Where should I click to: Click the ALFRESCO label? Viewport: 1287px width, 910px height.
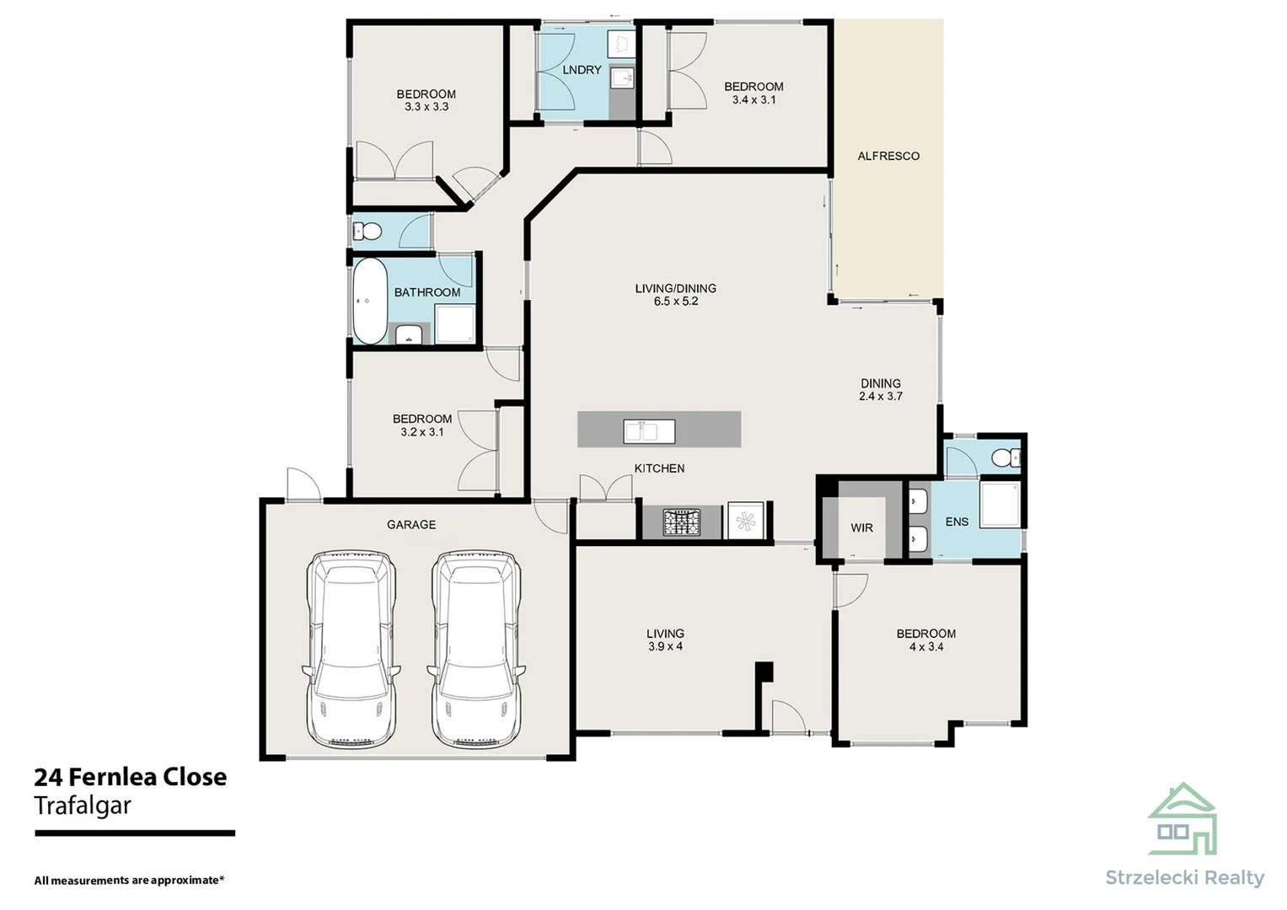click(x=888, y=156)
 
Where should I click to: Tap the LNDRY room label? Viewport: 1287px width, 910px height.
click(x=582, y=70)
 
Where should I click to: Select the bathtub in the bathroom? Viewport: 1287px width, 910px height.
click(x=369, y=302)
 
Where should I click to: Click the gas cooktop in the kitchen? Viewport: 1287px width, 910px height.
click(x=682, y=522)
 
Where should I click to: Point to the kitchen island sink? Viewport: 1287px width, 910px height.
click(x=649, y=431)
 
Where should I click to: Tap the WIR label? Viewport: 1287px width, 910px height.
click(x=861, y=528)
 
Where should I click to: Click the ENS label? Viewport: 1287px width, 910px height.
click(x=957, y=522)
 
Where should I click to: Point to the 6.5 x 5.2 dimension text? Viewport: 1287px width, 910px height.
click(x=676, y=302)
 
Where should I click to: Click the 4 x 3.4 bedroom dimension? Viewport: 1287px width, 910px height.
click(x=925, y=647)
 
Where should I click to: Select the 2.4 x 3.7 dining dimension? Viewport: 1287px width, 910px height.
click(x=881, y=396)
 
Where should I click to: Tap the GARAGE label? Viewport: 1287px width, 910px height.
click(x=411, y=525)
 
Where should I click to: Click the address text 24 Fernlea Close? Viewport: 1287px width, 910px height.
click(x=131, y=777)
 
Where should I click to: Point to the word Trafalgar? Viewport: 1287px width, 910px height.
click(x=83, y=806)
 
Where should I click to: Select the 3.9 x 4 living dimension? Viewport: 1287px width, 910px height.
click(x=665, y=647)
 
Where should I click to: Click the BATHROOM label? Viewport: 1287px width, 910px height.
click(x=427, y=292)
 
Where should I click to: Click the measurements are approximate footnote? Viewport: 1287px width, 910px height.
click(x=129, y=881)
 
